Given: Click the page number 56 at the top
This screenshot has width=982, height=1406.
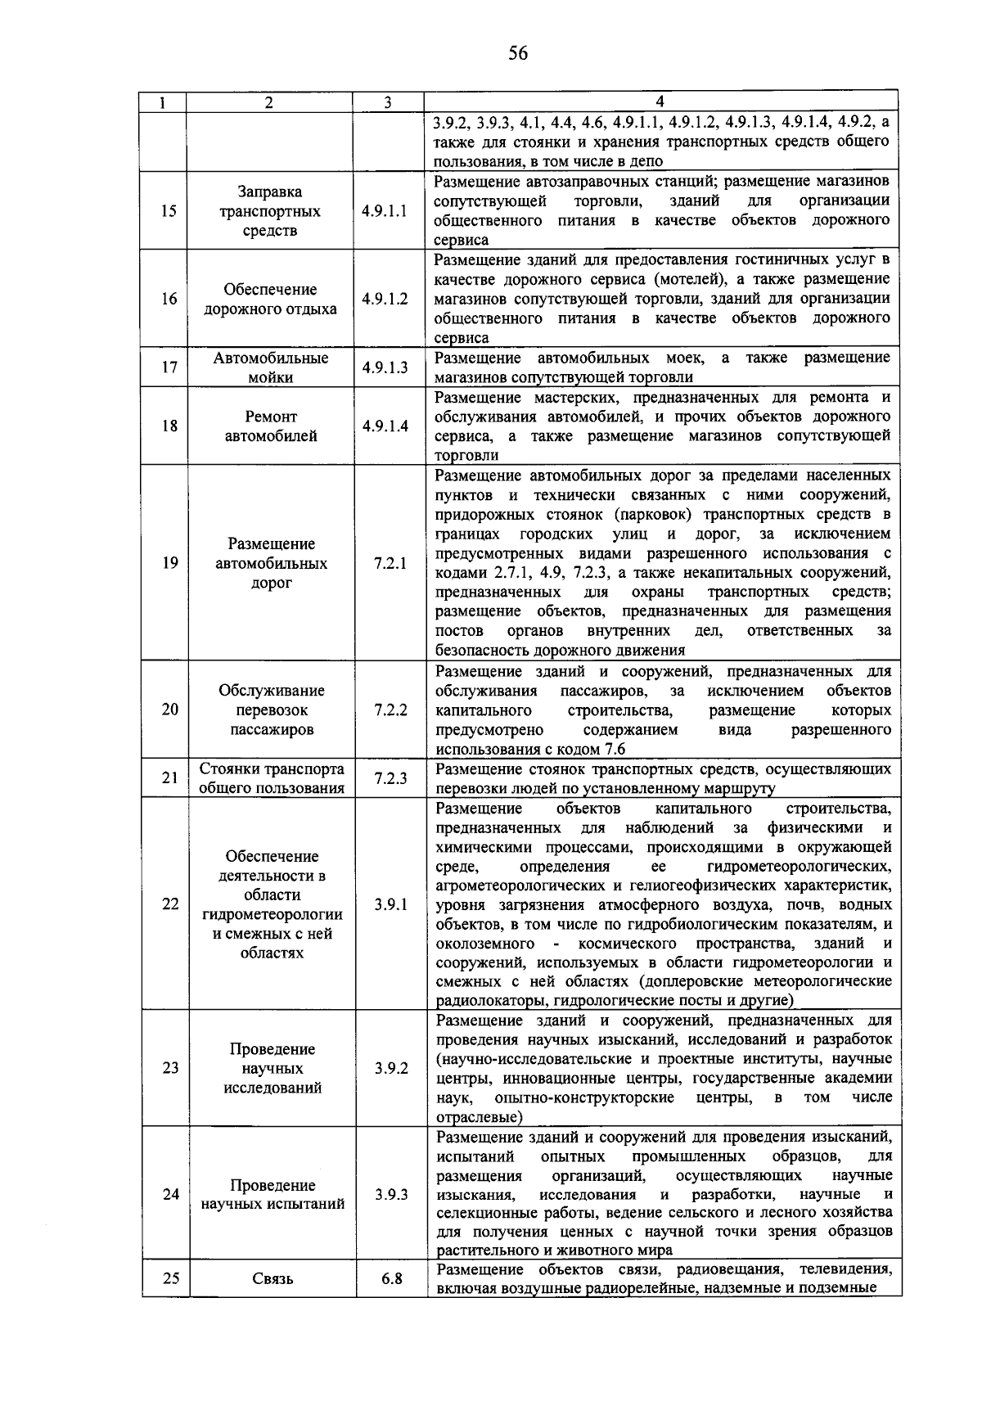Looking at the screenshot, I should point(517,54).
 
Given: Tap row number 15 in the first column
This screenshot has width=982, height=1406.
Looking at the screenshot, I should point(169,211).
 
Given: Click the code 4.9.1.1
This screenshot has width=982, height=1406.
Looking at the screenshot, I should point(385,211).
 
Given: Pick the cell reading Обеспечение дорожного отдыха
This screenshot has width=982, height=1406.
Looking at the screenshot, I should point(270,300).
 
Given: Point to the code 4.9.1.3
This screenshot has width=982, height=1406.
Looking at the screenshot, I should point(385,367).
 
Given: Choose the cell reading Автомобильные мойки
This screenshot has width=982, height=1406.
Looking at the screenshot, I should point(270,367).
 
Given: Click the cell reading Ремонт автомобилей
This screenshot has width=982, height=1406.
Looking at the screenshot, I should point(270,426).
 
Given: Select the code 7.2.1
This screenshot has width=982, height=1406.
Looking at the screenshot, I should point(390,564).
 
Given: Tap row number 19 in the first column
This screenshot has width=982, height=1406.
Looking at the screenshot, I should point(169,563).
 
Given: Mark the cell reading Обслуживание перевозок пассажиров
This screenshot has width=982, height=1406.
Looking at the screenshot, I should point(271,710).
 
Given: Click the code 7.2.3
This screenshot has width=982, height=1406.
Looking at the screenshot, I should point(390,778).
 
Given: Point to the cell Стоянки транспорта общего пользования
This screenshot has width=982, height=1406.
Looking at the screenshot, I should point(272,778).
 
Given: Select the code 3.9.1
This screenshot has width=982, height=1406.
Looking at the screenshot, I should point(391,904).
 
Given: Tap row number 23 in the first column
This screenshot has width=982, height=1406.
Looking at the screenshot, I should point(170,1068).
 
